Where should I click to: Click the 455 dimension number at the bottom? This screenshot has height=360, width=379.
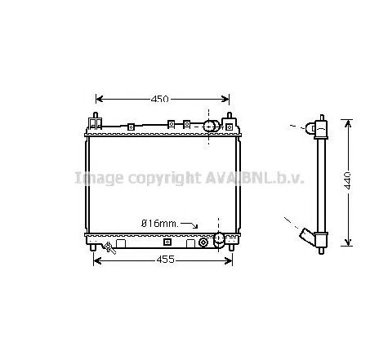(164, 260)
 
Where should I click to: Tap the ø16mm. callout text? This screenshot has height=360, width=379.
(158, 223)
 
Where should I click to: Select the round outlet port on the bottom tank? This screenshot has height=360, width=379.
(218, 239)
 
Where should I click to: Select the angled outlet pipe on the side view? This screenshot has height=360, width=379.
(309, 236)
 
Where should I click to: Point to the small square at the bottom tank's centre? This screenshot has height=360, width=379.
(167, 242)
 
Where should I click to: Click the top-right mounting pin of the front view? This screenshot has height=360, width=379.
(230, 118)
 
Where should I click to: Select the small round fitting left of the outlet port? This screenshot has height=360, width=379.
(203, 242)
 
